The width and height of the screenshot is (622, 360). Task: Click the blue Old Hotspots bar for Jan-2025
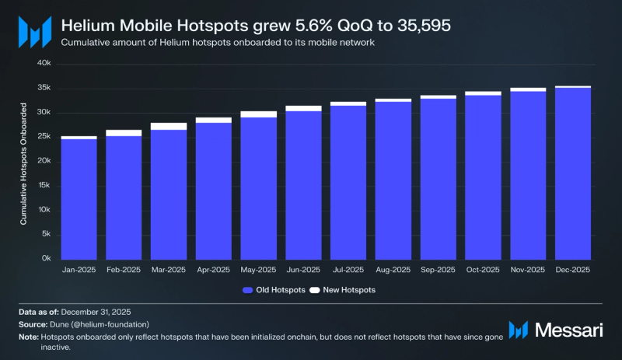tap(79, 199)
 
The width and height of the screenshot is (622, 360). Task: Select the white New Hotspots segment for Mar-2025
tap(169, 126)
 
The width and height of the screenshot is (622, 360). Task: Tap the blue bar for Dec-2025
tap(572, 173)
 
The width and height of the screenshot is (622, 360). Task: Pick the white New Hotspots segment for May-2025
tap(258, 114)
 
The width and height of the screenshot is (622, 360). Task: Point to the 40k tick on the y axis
tap(44, 64)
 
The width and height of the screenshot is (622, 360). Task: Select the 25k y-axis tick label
tap(44, 137)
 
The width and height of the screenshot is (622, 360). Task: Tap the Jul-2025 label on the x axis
tap(348, 270)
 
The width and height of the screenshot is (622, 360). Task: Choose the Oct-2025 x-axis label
tap(483, 270)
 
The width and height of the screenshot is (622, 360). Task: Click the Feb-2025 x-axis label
tap(124, 270)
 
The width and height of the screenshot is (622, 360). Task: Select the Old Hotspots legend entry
tap(273, 290)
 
